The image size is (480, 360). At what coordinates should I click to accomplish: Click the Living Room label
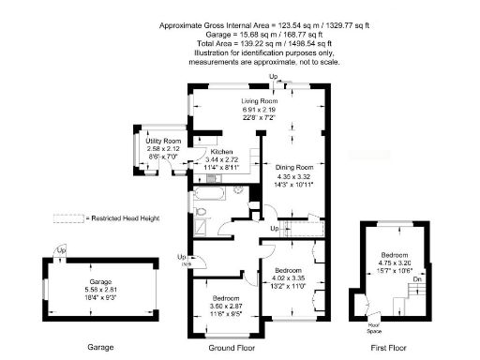coord(260,100)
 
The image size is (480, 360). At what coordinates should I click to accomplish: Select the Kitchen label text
coord(221,152)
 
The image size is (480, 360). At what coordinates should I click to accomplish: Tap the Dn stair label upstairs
coord(417,278)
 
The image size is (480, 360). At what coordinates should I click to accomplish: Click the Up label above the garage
coord(61,250)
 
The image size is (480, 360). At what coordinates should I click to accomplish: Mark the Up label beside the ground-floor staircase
coord(274,228)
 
